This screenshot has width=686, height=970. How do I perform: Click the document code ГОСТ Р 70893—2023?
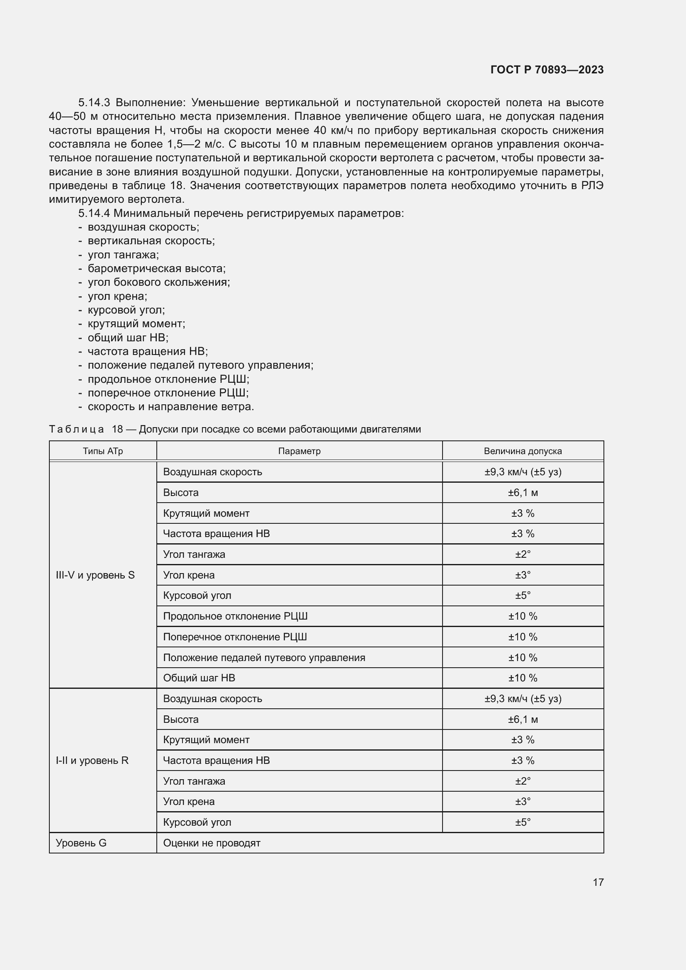[x=547, y=70]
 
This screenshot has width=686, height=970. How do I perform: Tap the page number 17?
[x=598, y=882]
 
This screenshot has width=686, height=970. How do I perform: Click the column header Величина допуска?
[x=523, y=451]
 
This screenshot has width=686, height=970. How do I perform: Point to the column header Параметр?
[x=299, y=451]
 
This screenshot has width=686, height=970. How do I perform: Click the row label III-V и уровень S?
[x=95, y=575]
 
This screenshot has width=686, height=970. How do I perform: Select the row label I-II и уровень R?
[x=92, y=761]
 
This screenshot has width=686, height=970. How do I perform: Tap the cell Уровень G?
[x=81, y=843]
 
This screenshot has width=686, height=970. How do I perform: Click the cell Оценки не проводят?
[x=212, y=843]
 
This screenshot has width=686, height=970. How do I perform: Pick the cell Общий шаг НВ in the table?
[x=199, y=678]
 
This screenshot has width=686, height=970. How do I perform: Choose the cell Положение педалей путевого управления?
[x=264, y=657]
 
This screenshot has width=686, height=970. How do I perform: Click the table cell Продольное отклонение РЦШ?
[x=235, y=616]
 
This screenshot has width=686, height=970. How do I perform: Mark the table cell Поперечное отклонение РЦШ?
[x=235, y=637]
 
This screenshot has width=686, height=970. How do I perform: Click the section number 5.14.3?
[x=94, y=103]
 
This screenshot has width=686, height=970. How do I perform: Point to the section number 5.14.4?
[x=94, y=213]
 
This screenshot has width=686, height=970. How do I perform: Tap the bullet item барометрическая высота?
[x=156, y=269]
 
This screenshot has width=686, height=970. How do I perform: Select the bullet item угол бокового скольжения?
[x=158, y=282]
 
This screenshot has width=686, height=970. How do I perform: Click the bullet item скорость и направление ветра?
[x=170, y=407]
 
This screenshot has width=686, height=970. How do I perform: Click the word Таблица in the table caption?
[x=76, y=429]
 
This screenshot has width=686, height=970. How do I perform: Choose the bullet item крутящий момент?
[x=136, y=323]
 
